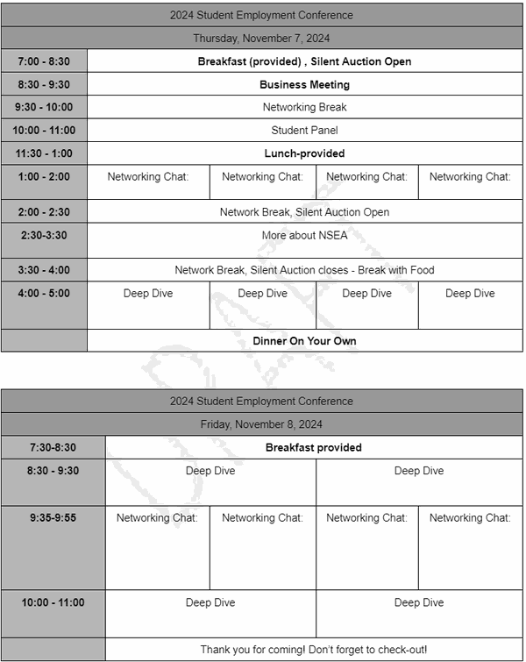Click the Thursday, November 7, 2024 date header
(261, 39)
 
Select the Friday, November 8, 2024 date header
(261, 424)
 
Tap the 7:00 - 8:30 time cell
(44, 61)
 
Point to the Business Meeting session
(304, 85)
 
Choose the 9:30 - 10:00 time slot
(44, 108)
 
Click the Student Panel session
(304, 131)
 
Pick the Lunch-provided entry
(304, 153)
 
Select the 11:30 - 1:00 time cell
(44, 153)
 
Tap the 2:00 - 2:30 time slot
(44, 212)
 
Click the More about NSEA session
(304, 236)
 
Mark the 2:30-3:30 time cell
(44, 236)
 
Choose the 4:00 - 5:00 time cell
(44, 294)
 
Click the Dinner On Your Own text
(304, 341)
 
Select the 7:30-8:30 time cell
(53, 447)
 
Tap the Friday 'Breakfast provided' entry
(314, 447)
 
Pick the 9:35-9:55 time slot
(53, 518)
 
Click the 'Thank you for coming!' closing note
(314, 650)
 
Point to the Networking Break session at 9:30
(304, 108)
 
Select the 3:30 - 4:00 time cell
(44, 270)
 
